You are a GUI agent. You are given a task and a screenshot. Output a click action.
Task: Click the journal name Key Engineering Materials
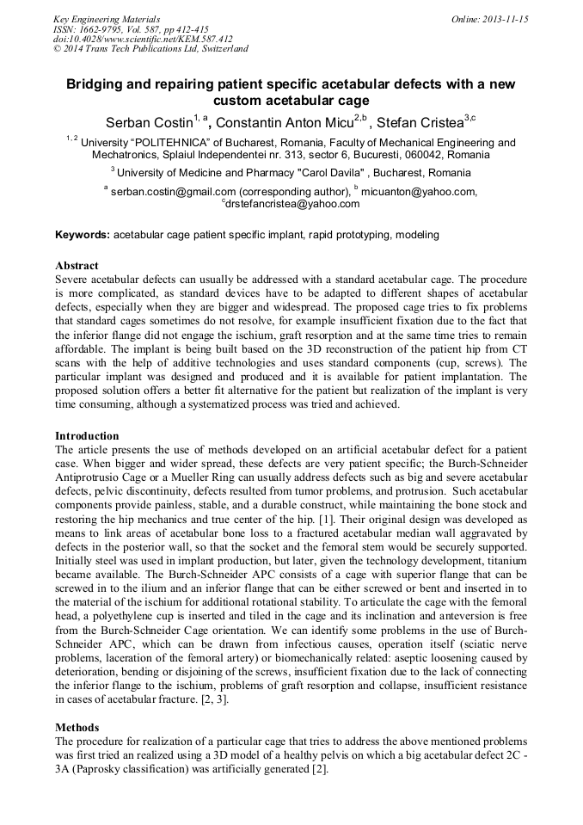click(107, 19)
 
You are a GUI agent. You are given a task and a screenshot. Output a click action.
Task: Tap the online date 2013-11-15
click(505, 19)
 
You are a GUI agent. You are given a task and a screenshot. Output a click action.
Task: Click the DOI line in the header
click(143, 39)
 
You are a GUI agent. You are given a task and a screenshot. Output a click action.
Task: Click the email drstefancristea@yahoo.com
click(293, 205)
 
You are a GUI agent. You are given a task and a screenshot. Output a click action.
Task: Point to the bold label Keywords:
click(83, 235)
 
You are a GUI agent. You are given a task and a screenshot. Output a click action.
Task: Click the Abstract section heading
click(77, 266)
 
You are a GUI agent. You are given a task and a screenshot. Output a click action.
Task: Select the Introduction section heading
click(87, 436)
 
